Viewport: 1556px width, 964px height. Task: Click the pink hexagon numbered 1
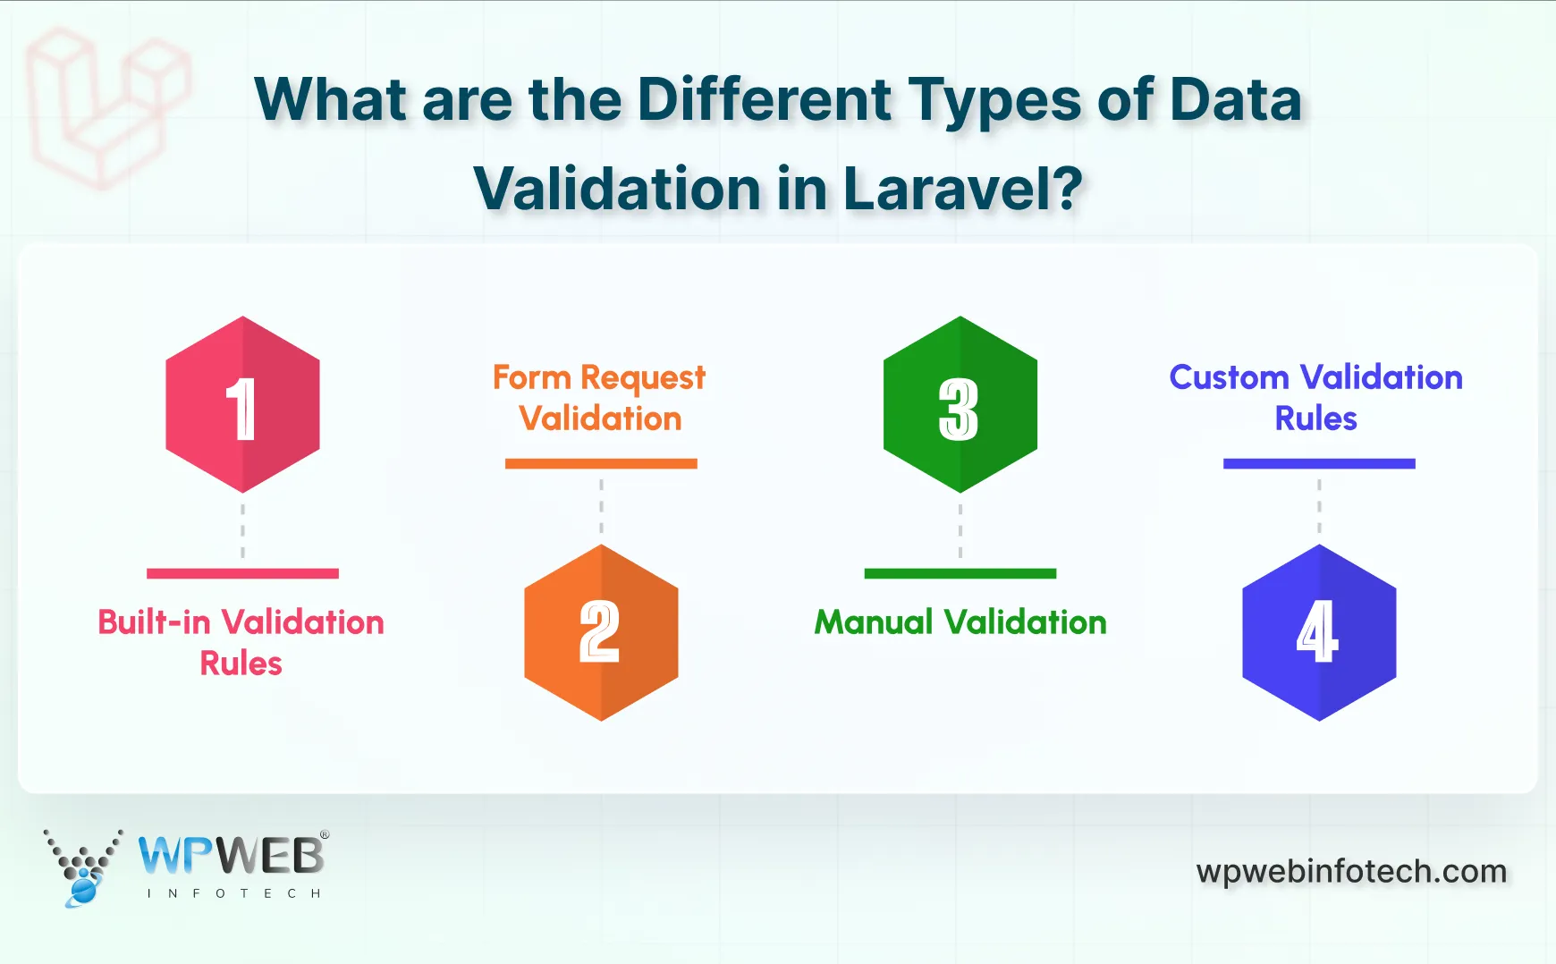point(242,404)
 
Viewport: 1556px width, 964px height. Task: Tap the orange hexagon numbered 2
point(601,632)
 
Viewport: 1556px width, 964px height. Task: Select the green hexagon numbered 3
point(960,404)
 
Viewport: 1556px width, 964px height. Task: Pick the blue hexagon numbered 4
point(1319,632)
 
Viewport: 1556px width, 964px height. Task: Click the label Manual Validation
point(960,622)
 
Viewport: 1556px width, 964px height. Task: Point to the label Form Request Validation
point(599,398)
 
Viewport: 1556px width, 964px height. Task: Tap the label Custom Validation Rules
point(1315,398)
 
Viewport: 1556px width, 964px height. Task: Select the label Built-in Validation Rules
point(241,642)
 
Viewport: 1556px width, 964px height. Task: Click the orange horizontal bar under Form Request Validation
point(601,463)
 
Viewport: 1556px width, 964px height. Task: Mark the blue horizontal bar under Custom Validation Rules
point(1319,463)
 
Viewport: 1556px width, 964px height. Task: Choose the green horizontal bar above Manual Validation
point(960,573)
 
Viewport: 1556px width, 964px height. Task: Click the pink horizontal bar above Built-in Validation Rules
point(242,573)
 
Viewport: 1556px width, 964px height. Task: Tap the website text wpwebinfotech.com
point(1351,871)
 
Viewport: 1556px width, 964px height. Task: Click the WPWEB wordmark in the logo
point(232,856)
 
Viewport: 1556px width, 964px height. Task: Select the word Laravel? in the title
point(962,189)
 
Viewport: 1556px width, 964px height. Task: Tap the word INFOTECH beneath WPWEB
point(233,893)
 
